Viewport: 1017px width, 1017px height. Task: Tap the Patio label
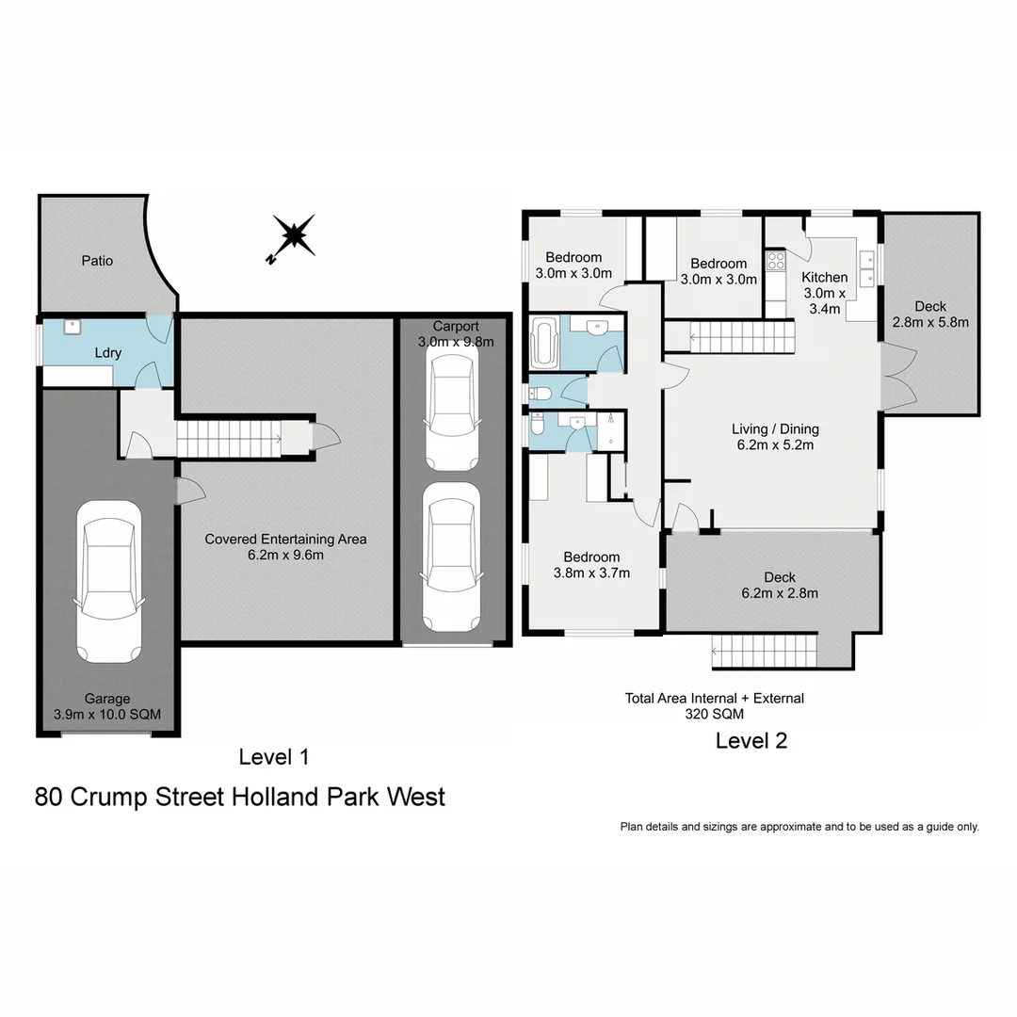click(97, 261)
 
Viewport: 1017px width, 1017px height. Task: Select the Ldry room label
click(108, 353)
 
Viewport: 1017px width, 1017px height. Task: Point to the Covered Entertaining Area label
click(285, 540)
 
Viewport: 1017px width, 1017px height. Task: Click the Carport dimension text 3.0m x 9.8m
click(456, 342)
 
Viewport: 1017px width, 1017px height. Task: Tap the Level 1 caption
click(274, 756)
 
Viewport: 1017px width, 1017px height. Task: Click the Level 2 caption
click(751, 741)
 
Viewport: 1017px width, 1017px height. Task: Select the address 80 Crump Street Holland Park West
click(240, 797)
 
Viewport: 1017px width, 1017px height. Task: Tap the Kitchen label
click(824, 278)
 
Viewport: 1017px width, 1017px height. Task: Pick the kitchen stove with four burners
click(775, 260)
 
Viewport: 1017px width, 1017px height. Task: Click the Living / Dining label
click(775, 429)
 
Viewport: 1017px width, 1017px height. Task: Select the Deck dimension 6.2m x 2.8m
click(780, 593)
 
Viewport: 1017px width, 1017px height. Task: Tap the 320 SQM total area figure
click(714, 715)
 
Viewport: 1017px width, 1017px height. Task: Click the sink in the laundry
click(73, 327)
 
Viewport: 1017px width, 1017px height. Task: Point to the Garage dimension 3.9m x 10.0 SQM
click(106, 714)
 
